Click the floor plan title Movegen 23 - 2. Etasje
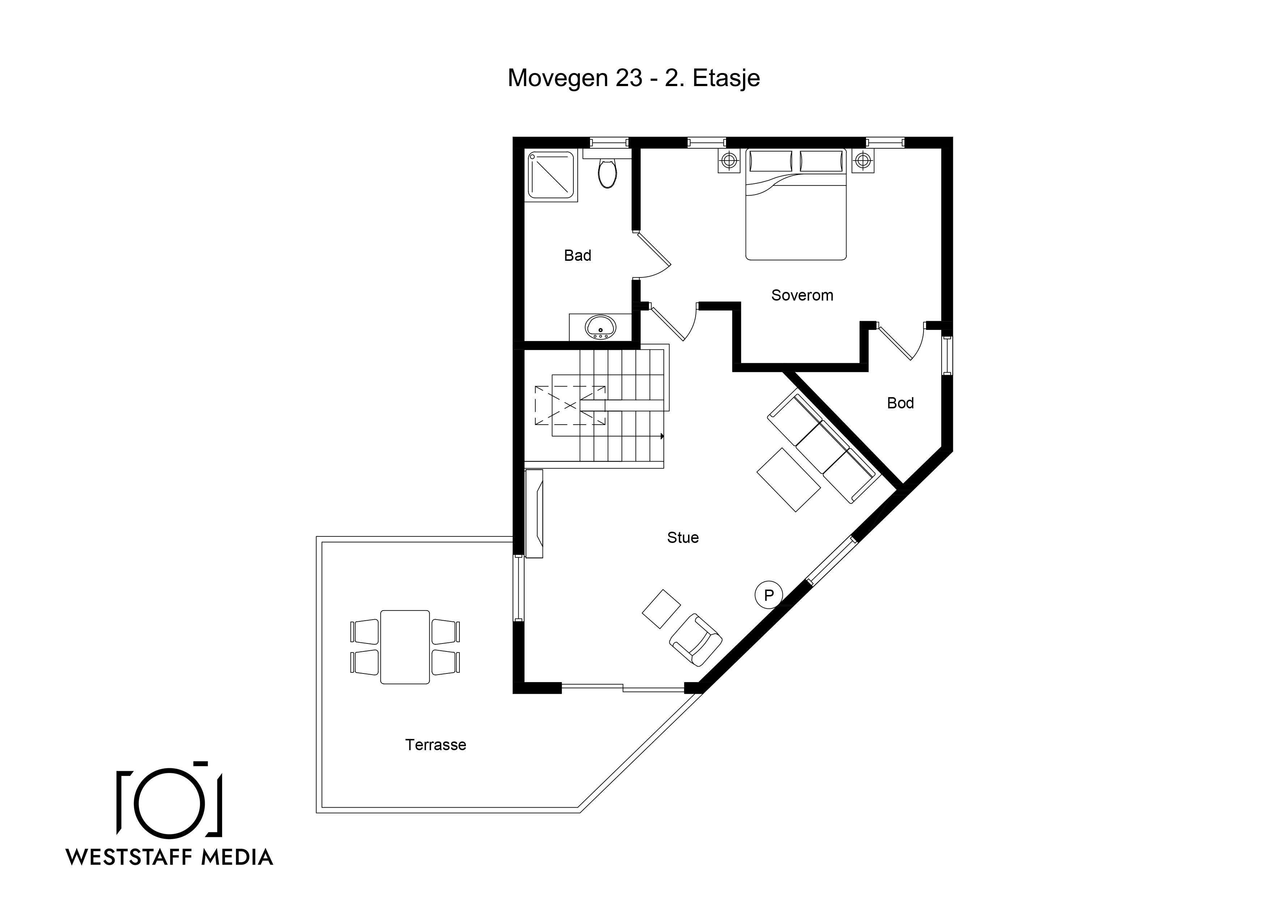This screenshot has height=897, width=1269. coord(634,78)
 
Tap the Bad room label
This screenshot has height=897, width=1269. coord(578,255)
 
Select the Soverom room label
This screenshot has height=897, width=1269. coord(802,295)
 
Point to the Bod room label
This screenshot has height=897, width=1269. coord(900,403)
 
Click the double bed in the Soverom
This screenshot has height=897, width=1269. coord(796,204)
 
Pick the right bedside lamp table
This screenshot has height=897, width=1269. coord(862,161)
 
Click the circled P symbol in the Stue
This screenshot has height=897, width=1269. coord(769,595)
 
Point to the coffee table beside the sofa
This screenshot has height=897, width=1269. coord(789,480)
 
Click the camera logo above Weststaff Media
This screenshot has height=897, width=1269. coord(170,800)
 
